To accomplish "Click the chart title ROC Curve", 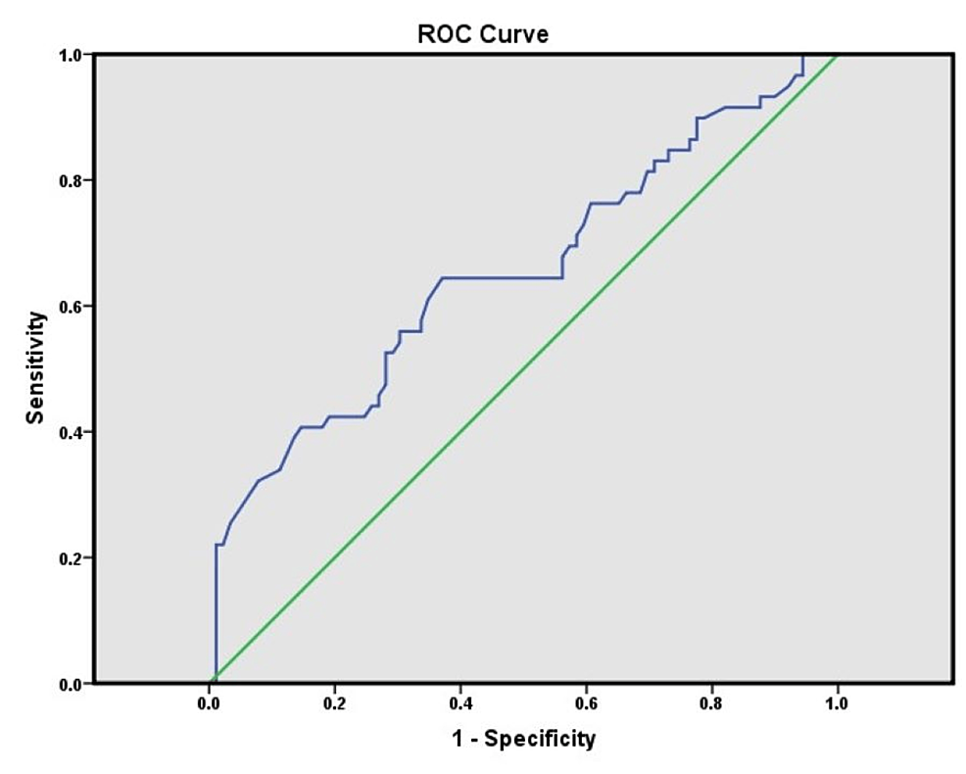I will pyautogui.click(x=483, y=35).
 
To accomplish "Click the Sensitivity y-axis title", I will pyautogui.click(x=35, y=367).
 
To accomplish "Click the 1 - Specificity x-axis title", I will pyautogui.click(x=522, y=738).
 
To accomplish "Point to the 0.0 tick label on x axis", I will pyautogui.click(x=209, y=703).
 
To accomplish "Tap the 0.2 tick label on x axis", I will pyautogui.click(x=334, y=703).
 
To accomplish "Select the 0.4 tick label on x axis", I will pyautogui.click(x=459, y=703).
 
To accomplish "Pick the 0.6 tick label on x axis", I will pyautogui.click(x=585, y=703).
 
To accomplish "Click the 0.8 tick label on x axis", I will pyautogui.click(x=711, y=703).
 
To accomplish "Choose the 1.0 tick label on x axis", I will pyautogui.click(x=837, y=703).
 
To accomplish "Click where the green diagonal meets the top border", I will pyautogui.click(x=838, y=55).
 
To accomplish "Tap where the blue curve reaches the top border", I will pyautogui.click(x=802, y=55).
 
